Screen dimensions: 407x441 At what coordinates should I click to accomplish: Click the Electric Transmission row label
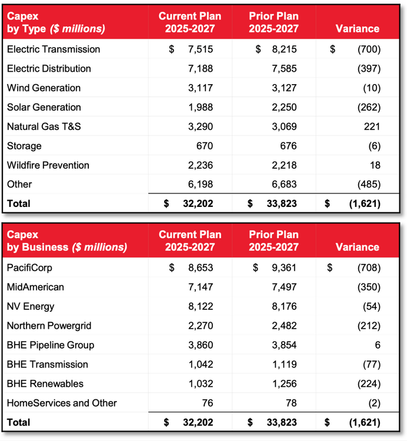click(x=54, y=49)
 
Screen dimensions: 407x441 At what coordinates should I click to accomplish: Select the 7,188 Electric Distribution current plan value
click(x=201, y=69)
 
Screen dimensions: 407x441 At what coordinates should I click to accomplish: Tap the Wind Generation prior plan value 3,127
click(x=284, y=88)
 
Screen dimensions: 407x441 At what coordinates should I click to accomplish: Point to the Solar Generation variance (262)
click(x=369, y=108)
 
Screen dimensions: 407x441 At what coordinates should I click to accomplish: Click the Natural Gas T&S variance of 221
click(x=372, y=126)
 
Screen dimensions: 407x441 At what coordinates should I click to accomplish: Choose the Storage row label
click(x=24, y=146)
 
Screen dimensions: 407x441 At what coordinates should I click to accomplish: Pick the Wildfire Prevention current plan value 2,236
click(x=201, y=165)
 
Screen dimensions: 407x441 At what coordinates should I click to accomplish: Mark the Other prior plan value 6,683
click(x=284, y=184)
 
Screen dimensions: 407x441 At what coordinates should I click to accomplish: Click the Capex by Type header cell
click(x=56, y=22)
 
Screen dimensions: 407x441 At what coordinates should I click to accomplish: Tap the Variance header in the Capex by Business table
click(x=358, y=247)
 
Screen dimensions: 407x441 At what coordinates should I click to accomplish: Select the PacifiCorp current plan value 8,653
click(x=201, y=268)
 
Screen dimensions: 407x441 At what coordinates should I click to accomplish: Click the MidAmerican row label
click(x=35, y=287)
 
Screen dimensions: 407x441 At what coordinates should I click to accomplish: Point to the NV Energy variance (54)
click(x=372, y=306)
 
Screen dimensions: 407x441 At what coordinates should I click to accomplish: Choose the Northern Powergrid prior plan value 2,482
click(x=284, y=326)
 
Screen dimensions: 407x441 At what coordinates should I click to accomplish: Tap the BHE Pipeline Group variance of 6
click(x=378, y=345)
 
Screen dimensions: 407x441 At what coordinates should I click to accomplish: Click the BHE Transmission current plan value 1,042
click(x=201, y=365)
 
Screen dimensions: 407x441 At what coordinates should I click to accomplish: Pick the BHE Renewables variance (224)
click(x=369, y=384)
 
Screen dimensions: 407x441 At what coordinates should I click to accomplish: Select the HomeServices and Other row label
click(x=62, y=403)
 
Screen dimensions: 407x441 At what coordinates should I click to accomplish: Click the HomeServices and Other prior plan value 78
click(x=291, y=403)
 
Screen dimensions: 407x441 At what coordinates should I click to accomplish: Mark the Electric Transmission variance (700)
click(x=369, y=49)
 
